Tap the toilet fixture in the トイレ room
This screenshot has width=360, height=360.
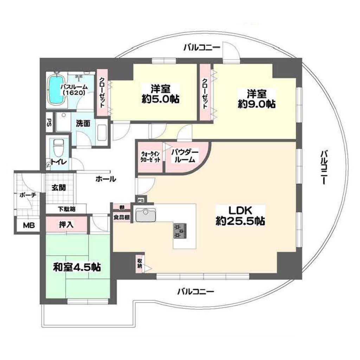click(x=58, y=148)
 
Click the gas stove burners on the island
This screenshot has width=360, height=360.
click(x=180, y=231)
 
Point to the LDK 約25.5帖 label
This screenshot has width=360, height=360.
click(x=240, y=216)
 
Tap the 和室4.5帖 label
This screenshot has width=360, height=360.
click(x=77, y=267)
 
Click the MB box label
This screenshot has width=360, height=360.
click(x=29, y=225)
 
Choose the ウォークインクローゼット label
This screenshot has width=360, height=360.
click(x=150, y=157)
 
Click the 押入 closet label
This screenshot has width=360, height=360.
click(x=66, y=225)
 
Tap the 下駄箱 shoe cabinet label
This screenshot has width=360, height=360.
click(x=66, y=209)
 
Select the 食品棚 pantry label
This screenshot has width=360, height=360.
click(x=122, y=217)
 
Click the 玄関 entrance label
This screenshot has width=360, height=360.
click(x=59, y=188)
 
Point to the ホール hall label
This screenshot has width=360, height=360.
click(x=106, y=179)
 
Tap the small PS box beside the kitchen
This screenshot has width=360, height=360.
click(x=141, y=200)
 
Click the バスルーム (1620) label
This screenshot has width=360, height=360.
click(x=74, y=90)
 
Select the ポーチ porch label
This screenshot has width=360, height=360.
click(x=28, y=195)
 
